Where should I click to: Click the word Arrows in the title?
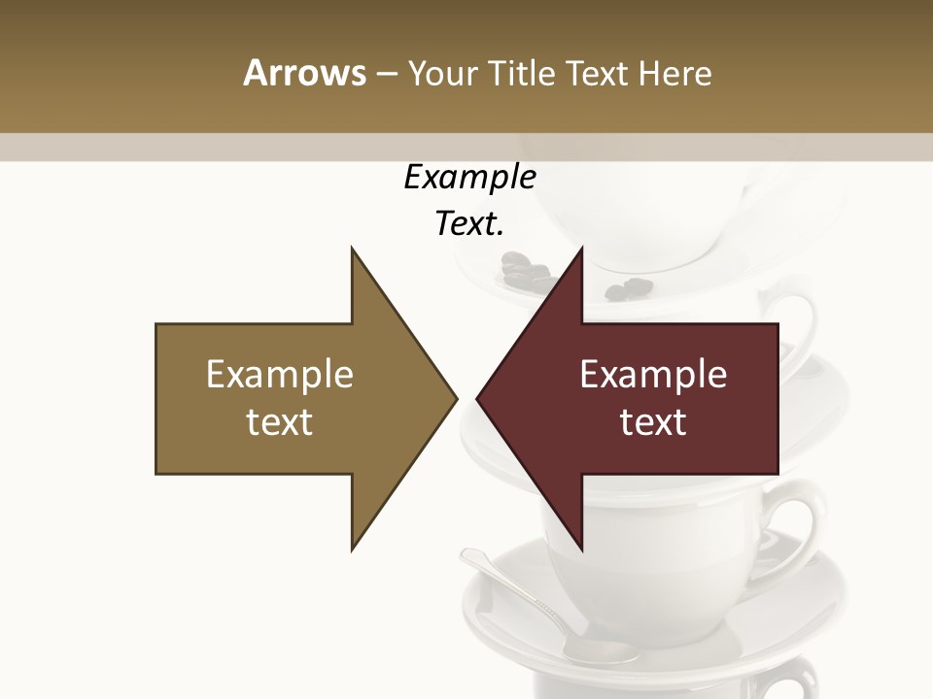pyautogui.click(x=303, y=73)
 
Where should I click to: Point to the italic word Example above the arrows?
pyautogui.click(x=469, y=178)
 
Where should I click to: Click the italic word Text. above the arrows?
pyautogui.click(x=469, y=224)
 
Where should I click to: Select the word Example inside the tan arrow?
pyautogui.click(x=280, y=375)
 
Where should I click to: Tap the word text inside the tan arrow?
pyautogui.click(x=280, y=422)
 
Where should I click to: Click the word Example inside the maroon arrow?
pyautogui.click(x=653, y=375)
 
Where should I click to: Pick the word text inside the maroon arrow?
pyautogui.click(x=653, y=422)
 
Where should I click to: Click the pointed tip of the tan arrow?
pyautogui.click(x=455, y=398)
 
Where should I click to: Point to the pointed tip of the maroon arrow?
pyautogui.click(x=478, y=398)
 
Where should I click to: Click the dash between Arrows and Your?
pyautogui.click(x=386, y=74)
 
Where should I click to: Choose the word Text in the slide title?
pyautogui.click(x=598, y=73)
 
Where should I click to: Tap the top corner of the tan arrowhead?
pyautogui.click(x=352, y=249)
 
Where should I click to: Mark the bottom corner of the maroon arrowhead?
pyautogui.click(x=581, y=549)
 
